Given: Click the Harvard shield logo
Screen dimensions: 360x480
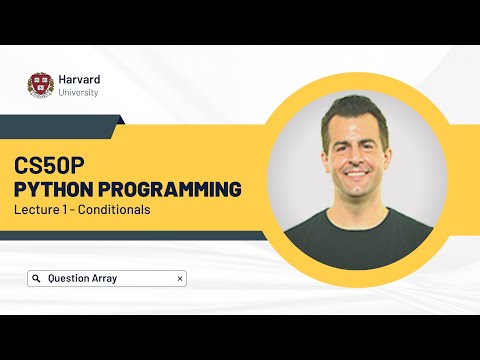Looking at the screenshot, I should (x=40, y=85).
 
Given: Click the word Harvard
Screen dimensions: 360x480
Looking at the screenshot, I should (x=78, y=78).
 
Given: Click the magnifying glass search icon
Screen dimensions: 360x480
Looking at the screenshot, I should (x=36, y=279).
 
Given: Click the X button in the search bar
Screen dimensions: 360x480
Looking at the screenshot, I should (x=179, y=279).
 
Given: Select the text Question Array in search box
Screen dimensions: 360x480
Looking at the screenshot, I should (x=82, y=279).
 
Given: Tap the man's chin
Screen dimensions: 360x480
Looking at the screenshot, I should (x=358, y=197).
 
